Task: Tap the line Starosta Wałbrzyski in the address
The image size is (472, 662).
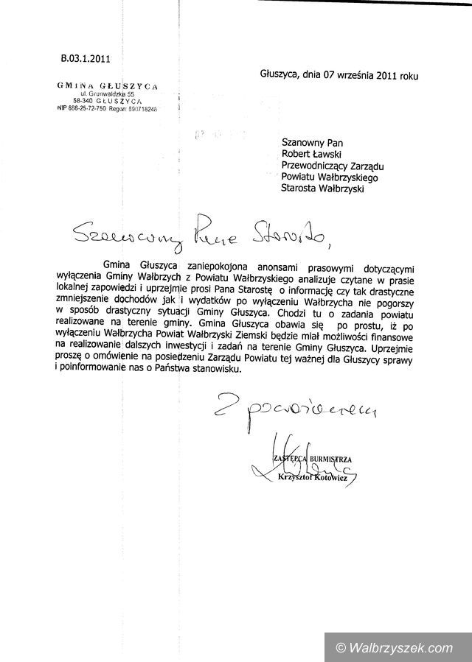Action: [323, 189]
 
